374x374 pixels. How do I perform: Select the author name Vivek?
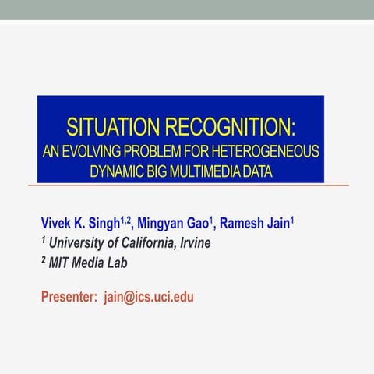pos(56,224)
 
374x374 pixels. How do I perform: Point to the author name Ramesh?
pos(242,224)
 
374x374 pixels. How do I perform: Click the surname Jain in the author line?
pos(277,224)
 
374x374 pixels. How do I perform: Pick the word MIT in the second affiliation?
pos(60,263)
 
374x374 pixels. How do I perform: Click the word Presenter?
pos(69,297)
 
